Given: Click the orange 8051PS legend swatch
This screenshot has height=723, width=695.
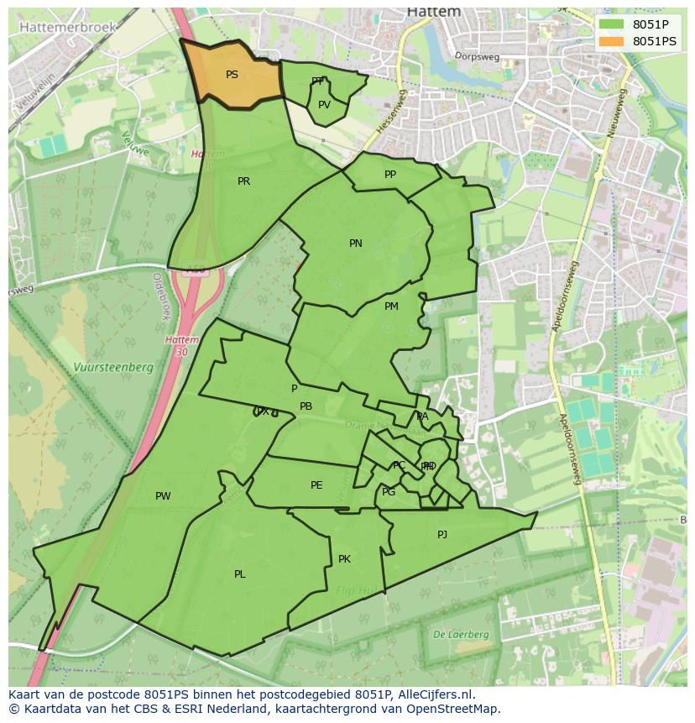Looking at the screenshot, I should (x=612, y=41).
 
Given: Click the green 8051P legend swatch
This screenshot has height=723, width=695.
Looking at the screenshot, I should (x=612, y=24).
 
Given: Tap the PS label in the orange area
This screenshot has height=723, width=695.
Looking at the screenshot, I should (x=232, y=75).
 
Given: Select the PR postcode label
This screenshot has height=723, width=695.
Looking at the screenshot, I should (x=243, y=181).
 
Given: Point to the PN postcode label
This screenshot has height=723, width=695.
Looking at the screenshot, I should (x=356, y=244).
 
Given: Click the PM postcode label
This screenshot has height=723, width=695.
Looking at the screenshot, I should (x=391, y=306).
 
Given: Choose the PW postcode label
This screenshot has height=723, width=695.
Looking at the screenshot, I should (x=163, y=496).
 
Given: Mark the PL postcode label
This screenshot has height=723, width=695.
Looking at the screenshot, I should (x=240, y=574).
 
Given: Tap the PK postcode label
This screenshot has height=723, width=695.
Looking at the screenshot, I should (x=344, y=559).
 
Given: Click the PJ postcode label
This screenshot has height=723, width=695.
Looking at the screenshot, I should (x=442, y=534).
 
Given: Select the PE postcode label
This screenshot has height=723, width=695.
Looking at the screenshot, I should (x=316, y=485).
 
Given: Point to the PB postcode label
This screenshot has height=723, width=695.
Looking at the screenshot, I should (x=306, y=406).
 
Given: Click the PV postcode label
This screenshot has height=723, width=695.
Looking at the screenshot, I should (x=324, y=105).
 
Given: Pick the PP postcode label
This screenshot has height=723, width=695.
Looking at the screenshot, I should (x=390, y=175).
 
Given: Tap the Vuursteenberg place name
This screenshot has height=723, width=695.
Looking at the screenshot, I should (x=112, y=367).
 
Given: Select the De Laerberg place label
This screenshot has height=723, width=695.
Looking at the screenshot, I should (x=461, y=635).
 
